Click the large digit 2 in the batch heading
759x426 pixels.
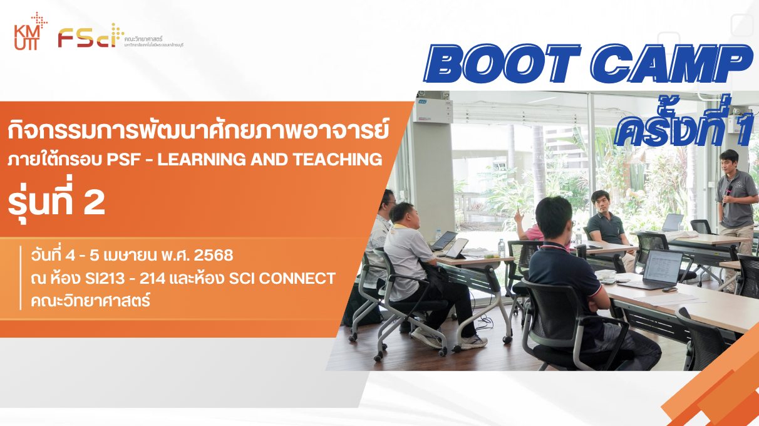[94, 204]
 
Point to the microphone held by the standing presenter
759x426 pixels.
[728, 194]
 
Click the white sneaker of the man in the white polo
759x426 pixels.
[473, 341]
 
